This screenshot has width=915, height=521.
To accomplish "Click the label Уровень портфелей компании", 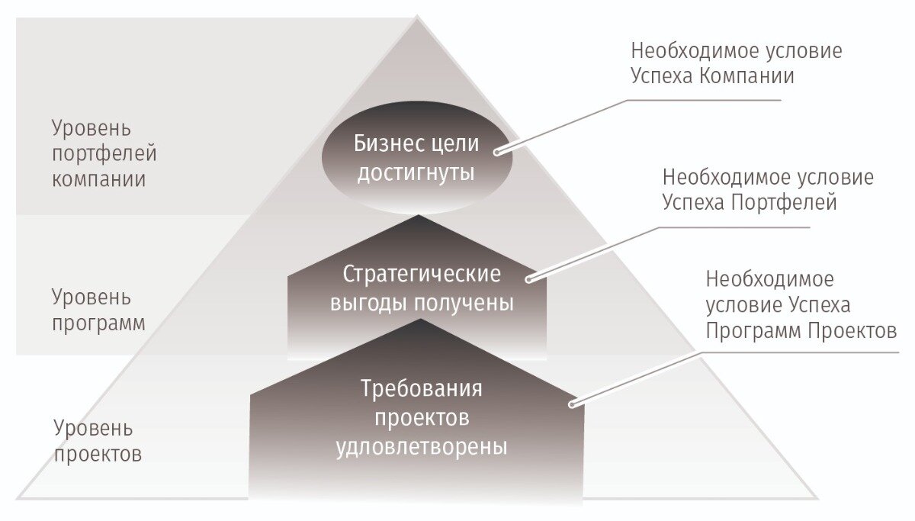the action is pos(104,153).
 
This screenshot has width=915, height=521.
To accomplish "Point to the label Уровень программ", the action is pos(98,309).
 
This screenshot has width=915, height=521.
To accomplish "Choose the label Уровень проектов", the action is pos(98,440).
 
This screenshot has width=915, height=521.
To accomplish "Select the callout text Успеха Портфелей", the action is pos(750,203).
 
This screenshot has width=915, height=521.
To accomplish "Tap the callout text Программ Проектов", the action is pos(801,331).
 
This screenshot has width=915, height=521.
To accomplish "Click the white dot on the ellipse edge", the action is pos(497,152).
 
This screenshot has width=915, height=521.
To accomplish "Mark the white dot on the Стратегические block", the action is pos(528,280).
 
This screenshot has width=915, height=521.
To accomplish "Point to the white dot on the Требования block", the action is pos(574,404).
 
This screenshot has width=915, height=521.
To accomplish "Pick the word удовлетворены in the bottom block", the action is pos(422,445).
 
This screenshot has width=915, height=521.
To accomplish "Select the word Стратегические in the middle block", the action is pos(422,274).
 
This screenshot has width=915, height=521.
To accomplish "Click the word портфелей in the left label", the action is pos(104,153).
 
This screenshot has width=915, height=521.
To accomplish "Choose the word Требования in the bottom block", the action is pos(422,388).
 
